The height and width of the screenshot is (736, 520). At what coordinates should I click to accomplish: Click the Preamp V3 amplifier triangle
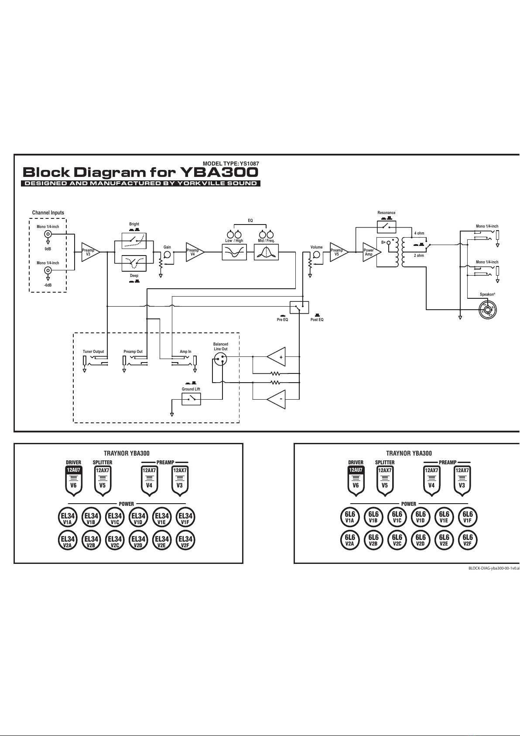click(x=90, y=252)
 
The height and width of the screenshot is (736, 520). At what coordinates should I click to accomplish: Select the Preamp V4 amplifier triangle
click(x=195, y=252)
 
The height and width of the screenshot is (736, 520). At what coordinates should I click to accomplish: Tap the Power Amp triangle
click(x=372, y=252)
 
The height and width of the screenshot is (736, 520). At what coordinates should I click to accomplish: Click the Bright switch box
click(x=134, y=241)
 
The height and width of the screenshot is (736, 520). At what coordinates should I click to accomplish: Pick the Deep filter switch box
click(x=134, y=263)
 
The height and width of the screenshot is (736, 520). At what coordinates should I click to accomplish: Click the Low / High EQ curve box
click(x=234, y=252)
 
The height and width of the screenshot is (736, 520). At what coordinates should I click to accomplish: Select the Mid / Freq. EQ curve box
click(x=267, y=252)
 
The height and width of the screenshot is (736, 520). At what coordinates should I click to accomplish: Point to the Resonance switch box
click(x=387, y=227)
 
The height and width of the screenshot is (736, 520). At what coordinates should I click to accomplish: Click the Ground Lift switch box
click(x=191, y=399)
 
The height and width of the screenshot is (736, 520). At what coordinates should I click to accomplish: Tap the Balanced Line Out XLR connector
click(x=220, y=359)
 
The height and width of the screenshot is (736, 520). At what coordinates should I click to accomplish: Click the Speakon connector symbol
click(x=488, y=310)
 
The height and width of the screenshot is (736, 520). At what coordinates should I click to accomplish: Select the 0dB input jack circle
click(x=48, y=234)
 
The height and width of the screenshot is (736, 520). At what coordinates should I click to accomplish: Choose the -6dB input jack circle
click(x=48, y=270)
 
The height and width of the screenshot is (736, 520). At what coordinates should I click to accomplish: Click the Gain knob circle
click(x=167, y=255)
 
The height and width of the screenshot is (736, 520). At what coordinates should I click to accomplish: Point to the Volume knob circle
click(x=316, y=255)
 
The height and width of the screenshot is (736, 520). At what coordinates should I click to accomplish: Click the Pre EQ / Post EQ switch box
click(x=299, y=307)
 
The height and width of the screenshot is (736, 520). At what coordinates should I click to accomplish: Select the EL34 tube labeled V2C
click(x=115, y=540)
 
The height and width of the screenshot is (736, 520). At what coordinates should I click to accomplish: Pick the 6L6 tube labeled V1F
click(x=468, y=517)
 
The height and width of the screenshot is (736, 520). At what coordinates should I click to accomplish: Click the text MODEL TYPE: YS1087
click(x=231, y=163)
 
